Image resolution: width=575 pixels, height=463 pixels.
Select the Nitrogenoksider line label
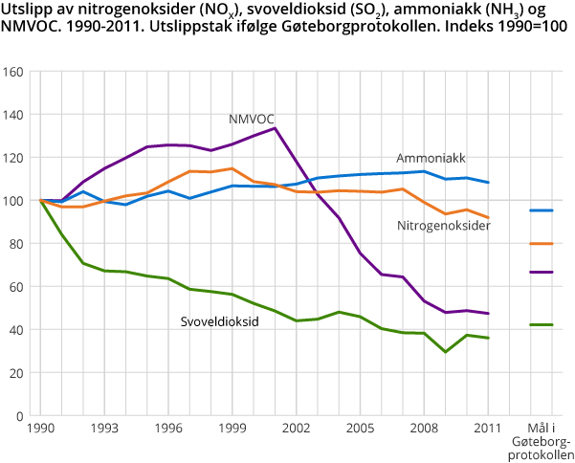pyautogui.click(x=444, y=226)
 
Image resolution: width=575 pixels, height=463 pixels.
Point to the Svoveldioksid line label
pyautogui.click(x=220, y=322)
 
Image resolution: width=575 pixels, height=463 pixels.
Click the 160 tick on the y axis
pyautogui.click(x=13, y=72)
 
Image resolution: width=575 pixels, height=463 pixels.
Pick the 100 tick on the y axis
pyautogui.click(x=13, y=201)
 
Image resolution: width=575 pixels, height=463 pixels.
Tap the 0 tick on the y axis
pyautogui.click(x=20, y=416)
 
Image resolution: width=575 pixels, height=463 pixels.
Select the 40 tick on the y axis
pyautogui.click(x=16, y=330)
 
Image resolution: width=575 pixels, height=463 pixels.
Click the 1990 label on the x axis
pyautogui.click(x=41, y=430)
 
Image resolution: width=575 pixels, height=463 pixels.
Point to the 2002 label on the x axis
pyautogui.click(x=296, y=430)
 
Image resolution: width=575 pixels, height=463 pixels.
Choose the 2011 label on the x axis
pyautogui.click(x=488, y=430)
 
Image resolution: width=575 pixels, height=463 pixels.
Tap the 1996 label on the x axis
pyautogui.click(x=168, y=430)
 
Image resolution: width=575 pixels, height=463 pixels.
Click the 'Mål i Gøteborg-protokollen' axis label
pyautogui.click(x=542, y=441)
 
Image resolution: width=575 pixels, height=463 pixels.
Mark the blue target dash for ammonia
pyautogui.click(x=542, y=209)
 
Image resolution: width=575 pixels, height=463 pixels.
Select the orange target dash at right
pyautogui.click(x=542, y=243)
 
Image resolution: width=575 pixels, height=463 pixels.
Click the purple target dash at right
pyautogui.click(x=542, y=273)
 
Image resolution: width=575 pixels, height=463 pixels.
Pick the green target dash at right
pyautogui.click(x=542, y=325)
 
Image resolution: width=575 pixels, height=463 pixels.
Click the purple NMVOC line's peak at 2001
pyautogui.click(x=275, y=128)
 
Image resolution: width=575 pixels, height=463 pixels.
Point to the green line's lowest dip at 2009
pyautogui.click(x=445, y=352)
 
